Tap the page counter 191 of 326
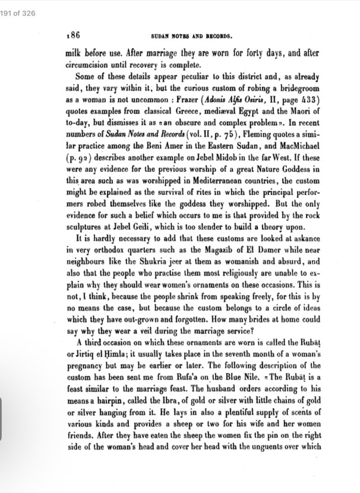pos(17,5)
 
